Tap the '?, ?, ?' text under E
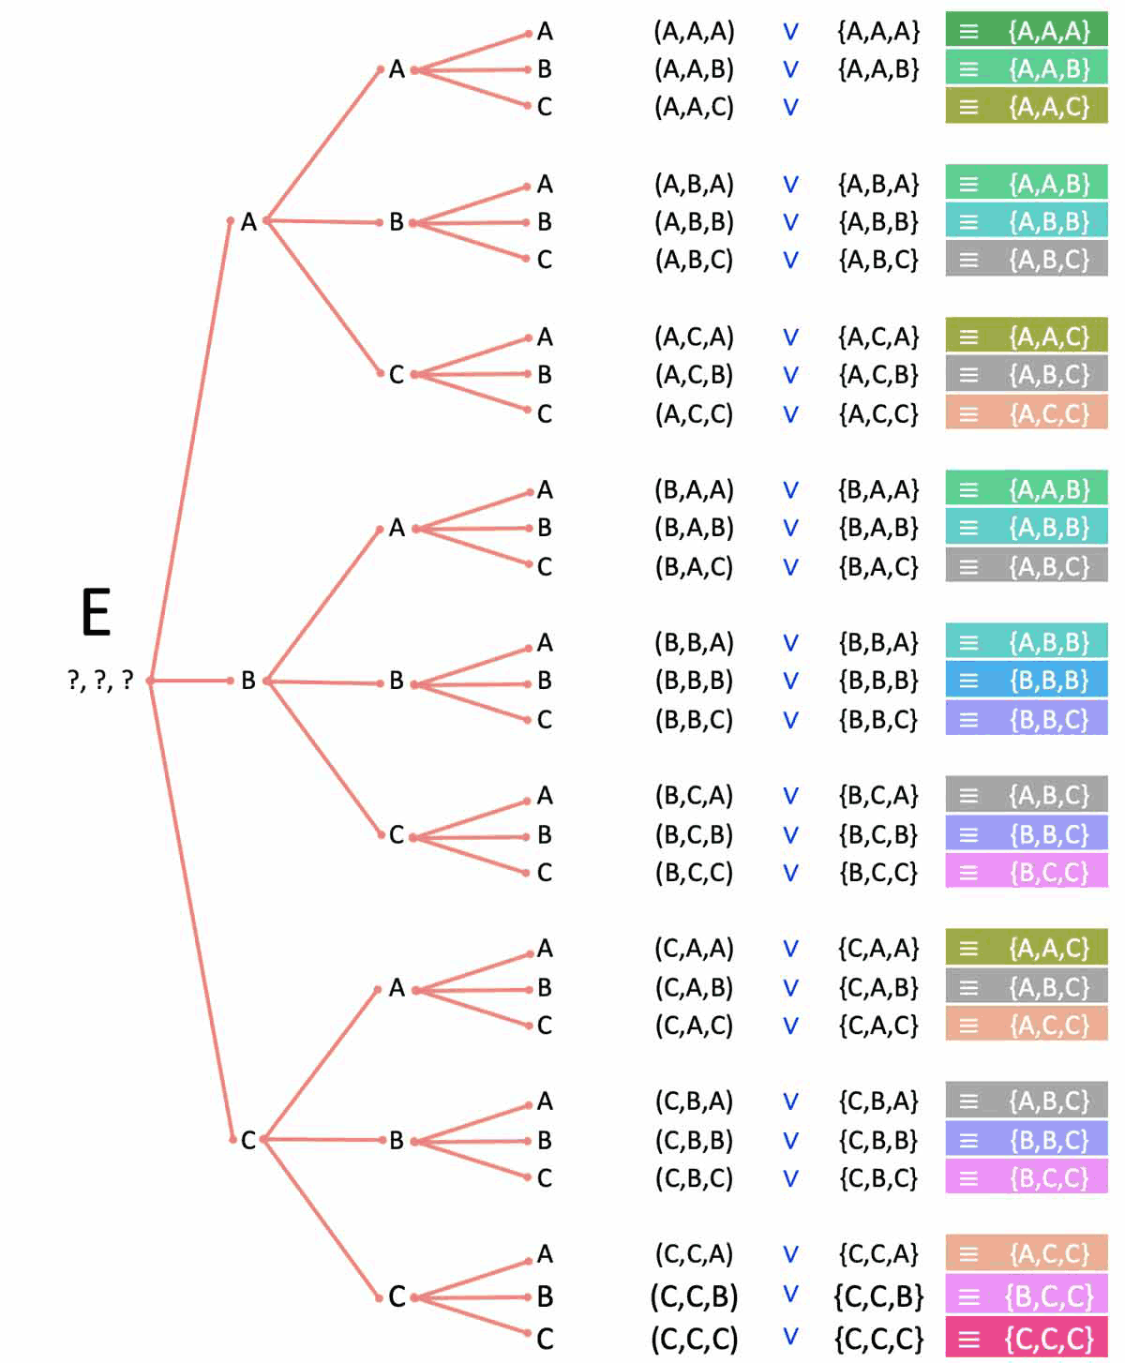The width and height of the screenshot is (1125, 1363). (100, 680)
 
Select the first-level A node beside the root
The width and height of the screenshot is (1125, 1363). (247, 222)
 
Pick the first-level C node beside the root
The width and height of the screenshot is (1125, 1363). (247, 1140)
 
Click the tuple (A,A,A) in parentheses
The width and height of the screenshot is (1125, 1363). (694, 32)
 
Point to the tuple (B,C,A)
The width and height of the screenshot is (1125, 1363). (694, 796)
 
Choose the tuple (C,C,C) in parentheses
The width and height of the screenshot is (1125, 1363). (694, 1339)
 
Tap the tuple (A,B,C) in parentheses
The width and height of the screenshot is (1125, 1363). (694, 260)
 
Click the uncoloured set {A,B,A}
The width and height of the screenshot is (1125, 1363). (878, 184)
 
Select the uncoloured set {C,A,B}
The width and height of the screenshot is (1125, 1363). (878, 987)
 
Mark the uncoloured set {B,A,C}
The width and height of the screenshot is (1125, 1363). (878, 566)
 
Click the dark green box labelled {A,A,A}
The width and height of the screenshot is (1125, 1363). (1027, 31)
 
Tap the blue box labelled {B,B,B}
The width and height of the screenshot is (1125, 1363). (1027, 681)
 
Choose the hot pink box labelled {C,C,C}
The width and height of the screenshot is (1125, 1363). (1027, 1339)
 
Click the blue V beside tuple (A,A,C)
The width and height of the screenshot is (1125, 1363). (790, 107)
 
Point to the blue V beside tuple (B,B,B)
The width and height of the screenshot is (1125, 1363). (790, 681)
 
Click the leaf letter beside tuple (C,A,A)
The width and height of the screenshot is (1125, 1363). (545, 949)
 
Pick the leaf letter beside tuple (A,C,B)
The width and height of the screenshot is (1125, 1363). (545, 375)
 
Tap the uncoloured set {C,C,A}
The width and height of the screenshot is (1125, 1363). (878, 1254)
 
